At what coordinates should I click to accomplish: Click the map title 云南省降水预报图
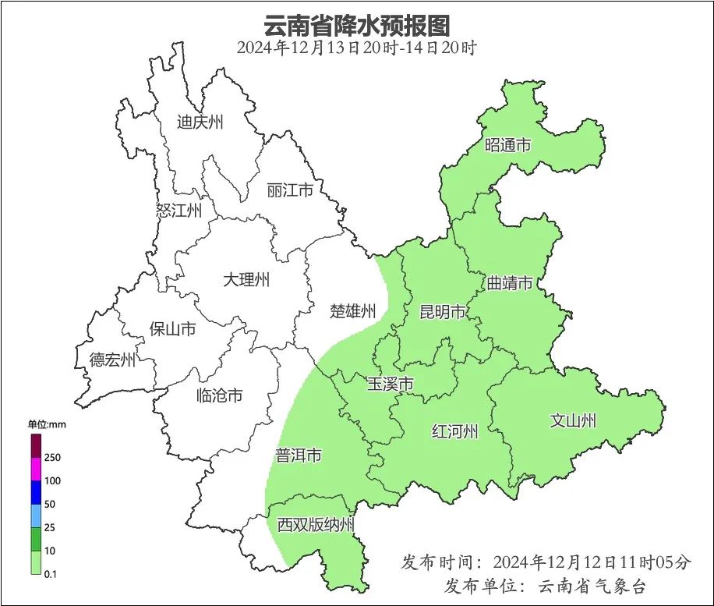(x=356, y=25)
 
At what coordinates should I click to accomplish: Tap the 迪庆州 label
(x=200, y=122)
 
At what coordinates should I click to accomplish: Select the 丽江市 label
(x=289, y=190)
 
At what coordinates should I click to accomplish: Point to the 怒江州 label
(x=178, y=211)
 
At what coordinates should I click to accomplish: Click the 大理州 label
(x=246, y=279)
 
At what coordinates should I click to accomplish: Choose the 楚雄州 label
(x=353, y=311)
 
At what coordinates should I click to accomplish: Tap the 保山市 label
(x=172, y=329)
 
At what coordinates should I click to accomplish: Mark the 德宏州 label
(x=112, y=360)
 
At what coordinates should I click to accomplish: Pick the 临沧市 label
(x=219, y=396)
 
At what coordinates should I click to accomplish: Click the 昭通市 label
(x=507, y=145)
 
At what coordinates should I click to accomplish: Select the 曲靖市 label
(x=510, y=282)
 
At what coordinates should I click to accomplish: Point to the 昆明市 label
(x=442, y=313)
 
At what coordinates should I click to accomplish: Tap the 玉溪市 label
(x=390, y=384)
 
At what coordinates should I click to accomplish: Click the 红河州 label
(x=454, y=431)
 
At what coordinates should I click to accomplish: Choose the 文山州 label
(x=573, y=421)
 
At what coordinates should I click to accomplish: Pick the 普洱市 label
(x=298, y=455)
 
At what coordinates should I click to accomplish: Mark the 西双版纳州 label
(x=316, y=525)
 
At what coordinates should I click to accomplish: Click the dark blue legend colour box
(x=36, y=492)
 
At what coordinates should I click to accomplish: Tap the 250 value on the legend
(x=53, y=457)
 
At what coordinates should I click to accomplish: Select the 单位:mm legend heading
(x=48, y=424)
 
